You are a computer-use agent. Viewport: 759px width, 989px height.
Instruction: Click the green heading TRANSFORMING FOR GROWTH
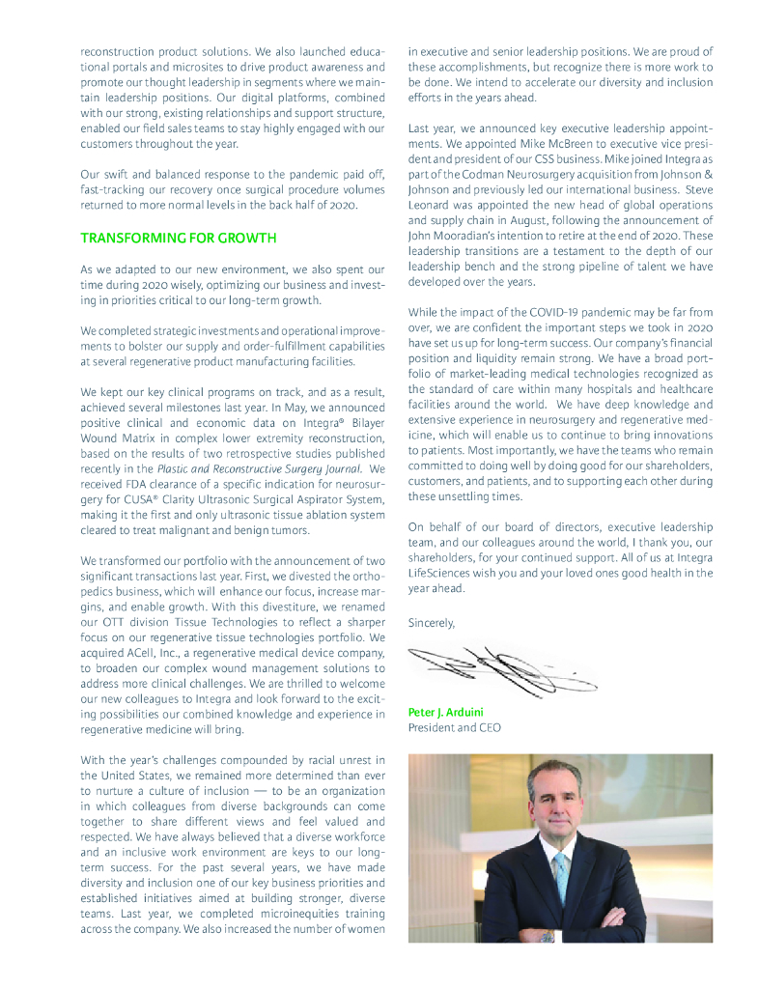(178, 238)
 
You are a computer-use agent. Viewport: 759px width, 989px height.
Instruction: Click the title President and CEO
(455, 727)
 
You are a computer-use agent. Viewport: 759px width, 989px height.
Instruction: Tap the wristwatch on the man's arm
(548, 935)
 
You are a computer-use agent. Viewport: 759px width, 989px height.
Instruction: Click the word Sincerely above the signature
(431, 623)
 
